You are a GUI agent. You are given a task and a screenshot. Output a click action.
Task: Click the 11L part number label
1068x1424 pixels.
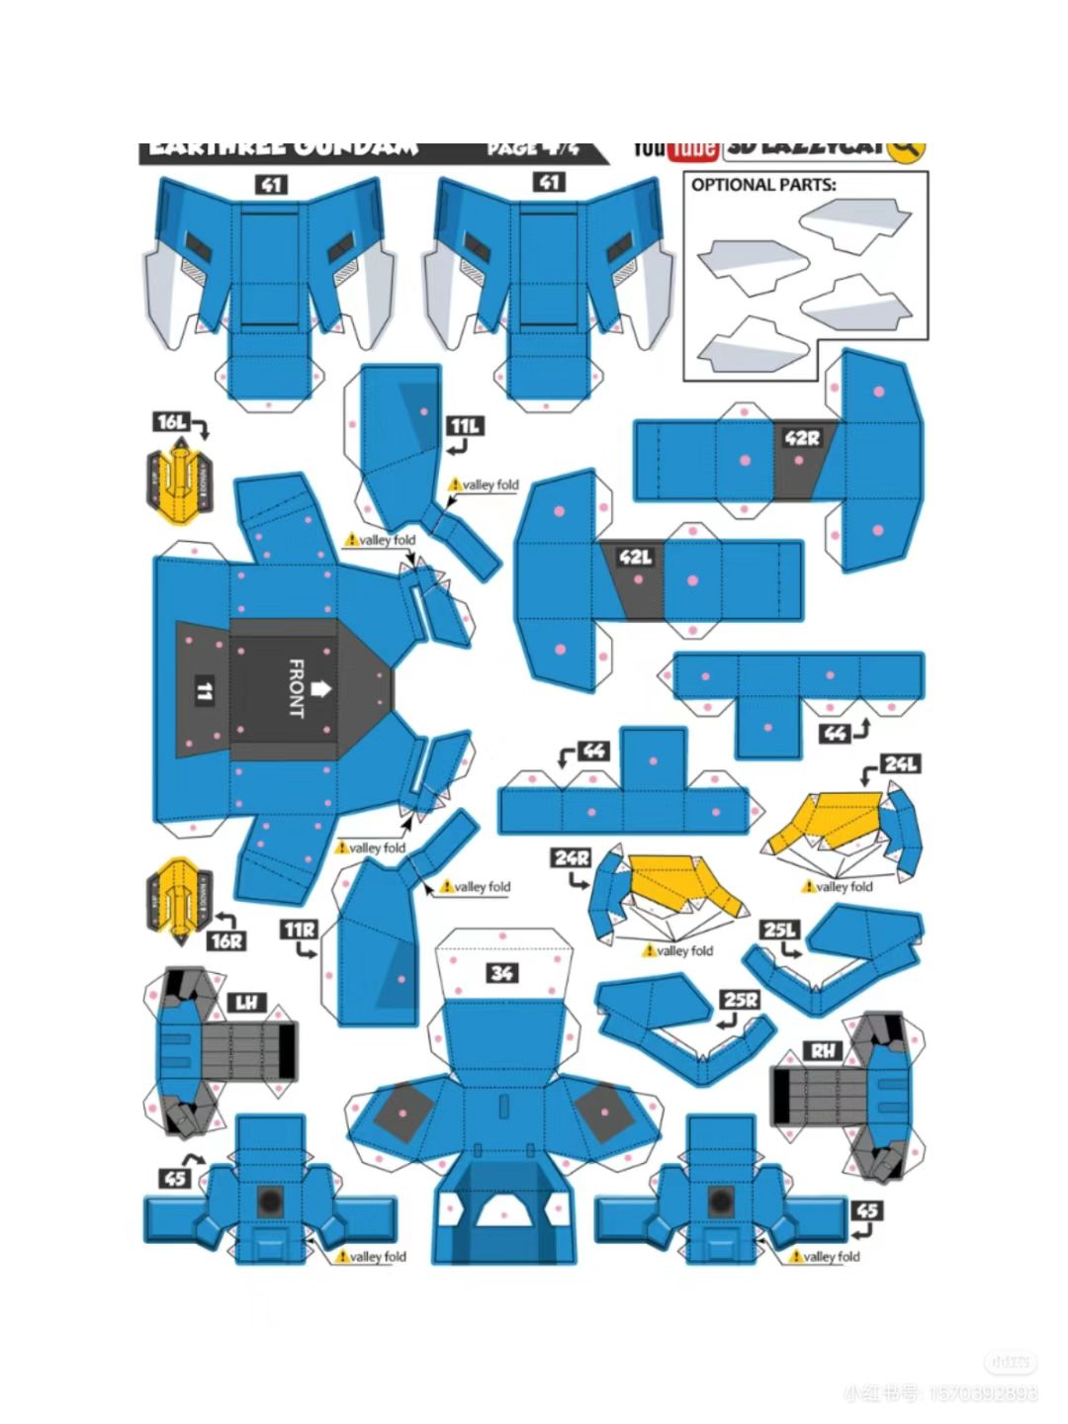[x=464, y=426]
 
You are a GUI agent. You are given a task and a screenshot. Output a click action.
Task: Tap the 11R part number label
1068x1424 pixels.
[x=299, y=931]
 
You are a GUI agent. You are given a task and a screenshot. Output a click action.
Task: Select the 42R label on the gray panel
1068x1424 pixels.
[x=802, y=437]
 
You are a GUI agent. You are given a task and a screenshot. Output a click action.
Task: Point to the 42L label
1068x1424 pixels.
[x=636, y=558]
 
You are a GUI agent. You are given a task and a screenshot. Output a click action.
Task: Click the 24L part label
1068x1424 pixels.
[x=901, y=763]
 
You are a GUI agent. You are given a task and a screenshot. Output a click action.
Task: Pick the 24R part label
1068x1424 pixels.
[x=572, y=857]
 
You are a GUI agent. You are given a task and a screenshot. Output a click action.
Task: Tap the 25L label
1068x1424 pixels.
[x=779, y=930]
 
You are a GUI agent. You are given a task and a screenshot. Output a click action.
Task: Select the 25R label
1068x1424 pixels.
[x=740, y=1000]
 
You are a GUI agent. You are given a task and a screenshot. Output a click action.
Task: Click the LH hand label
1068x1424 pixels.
[x=246, y=1003]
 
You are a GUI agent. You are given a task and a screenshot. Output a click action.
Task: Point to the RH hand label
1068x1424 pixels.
[x=823, y=1051]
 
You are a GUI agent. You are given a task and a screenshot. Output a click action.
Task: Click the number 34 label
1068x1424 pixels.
[x=501, y=973]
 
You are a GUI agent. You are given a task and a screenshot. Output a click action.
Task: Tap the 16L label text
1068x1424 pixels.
[x=171, y=422]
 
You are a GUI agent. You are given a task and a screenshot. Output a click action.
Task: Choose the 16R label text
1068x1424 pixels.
[x=226, y=940]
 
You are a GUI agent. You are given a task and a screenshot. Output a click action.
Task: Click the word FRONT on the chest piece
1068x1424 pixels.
[x=296, y=687]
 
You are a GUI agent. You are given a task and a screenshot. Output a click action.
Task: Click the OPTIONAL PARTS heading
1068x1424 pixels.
[x=762, y=185]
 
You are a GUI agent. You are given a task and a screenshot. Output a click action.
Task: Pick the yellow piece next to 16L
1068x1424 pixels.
[x=179, y=482]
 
